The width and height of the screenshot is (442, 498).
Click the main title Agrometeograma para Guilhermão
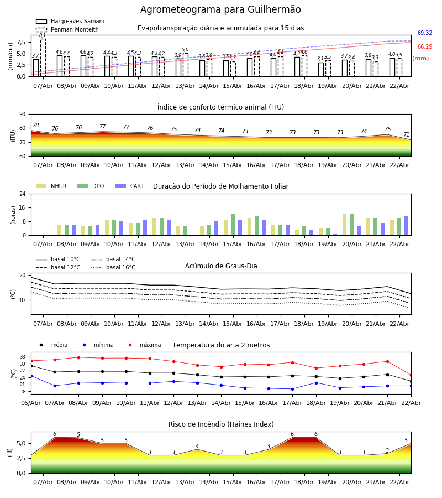pos(220,10)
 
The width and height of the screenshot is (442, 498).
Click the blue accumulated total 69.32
pos(425,33)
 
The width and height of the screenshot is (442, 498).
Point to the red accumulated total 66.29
pos(425,47)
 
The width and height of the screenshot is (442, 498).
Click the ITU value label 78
pos(35,126)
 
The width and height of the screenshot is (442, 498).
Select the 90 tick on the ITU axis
pos(22,114)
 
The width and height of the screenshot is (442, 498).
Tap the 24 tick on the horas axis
pos(22,194)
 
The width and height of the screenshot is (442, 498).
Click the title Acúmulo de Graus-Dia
pos(221,266)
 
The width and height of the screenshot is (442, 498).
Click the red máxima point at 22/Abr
pos(411,375)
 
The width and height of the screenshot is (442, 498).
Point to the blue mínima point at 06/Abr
pos(31,376)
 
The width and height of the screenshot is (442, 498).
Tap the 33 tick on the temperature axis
pos(22,357)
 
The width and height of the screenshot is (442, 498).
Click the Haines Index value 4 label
pos(197,446)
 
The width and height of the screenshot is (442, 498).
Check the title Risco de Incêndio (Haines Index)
pos(221,424)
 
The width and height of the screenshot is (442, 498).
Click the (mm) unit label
pos(420,58)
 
